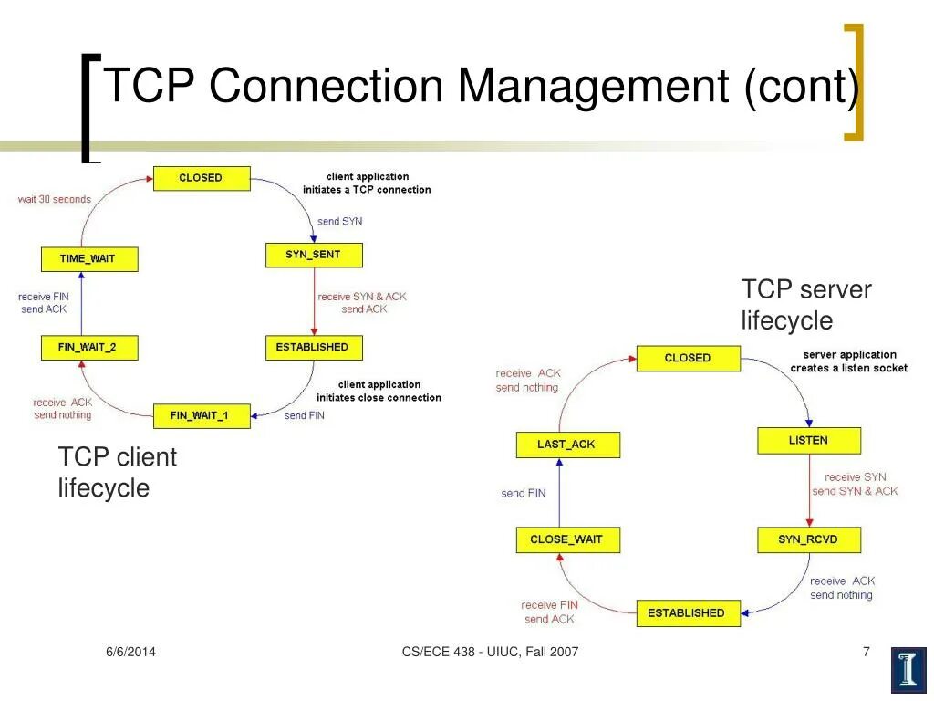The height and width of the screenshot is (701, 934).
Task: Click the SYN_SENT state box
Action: point(314,255)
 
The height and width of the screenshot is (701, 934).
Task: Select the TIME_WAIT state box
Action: point(89,258)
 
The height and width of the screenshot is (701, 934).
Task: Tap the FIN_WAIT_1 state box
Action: point(201,415)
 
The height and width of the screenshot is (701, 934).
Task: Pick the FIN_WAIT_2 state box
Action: point(89,347)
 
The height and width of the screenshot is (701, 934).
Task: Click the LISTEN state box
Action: point(808,441)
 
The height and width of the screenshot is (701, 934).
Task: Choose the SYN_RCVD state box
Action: point(808,539)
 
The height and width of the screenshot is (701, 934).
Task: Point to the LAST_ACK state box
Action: point(566,445)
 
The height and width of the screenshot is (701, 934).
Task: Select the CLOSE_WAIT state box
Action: point(566,539)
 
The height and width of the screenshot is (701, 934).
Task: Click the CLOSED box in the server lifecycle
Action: point(688,358)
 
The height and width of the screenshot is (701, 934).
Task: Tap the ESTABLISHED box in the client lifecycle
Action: point(313,347)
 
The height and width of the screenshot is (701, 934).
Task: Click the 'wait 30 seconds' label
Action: point(55,199)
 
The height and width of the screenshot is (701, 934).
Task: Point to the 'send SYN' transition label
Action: point(339,221)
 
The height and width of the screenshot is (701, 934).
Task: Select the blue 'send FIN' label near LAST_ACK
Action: point(524,493)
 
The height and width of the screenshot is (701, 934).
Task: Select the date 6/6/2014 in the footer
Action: point(130,651)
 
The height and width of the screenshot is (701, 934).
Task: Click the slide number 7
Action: point(866,651)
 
